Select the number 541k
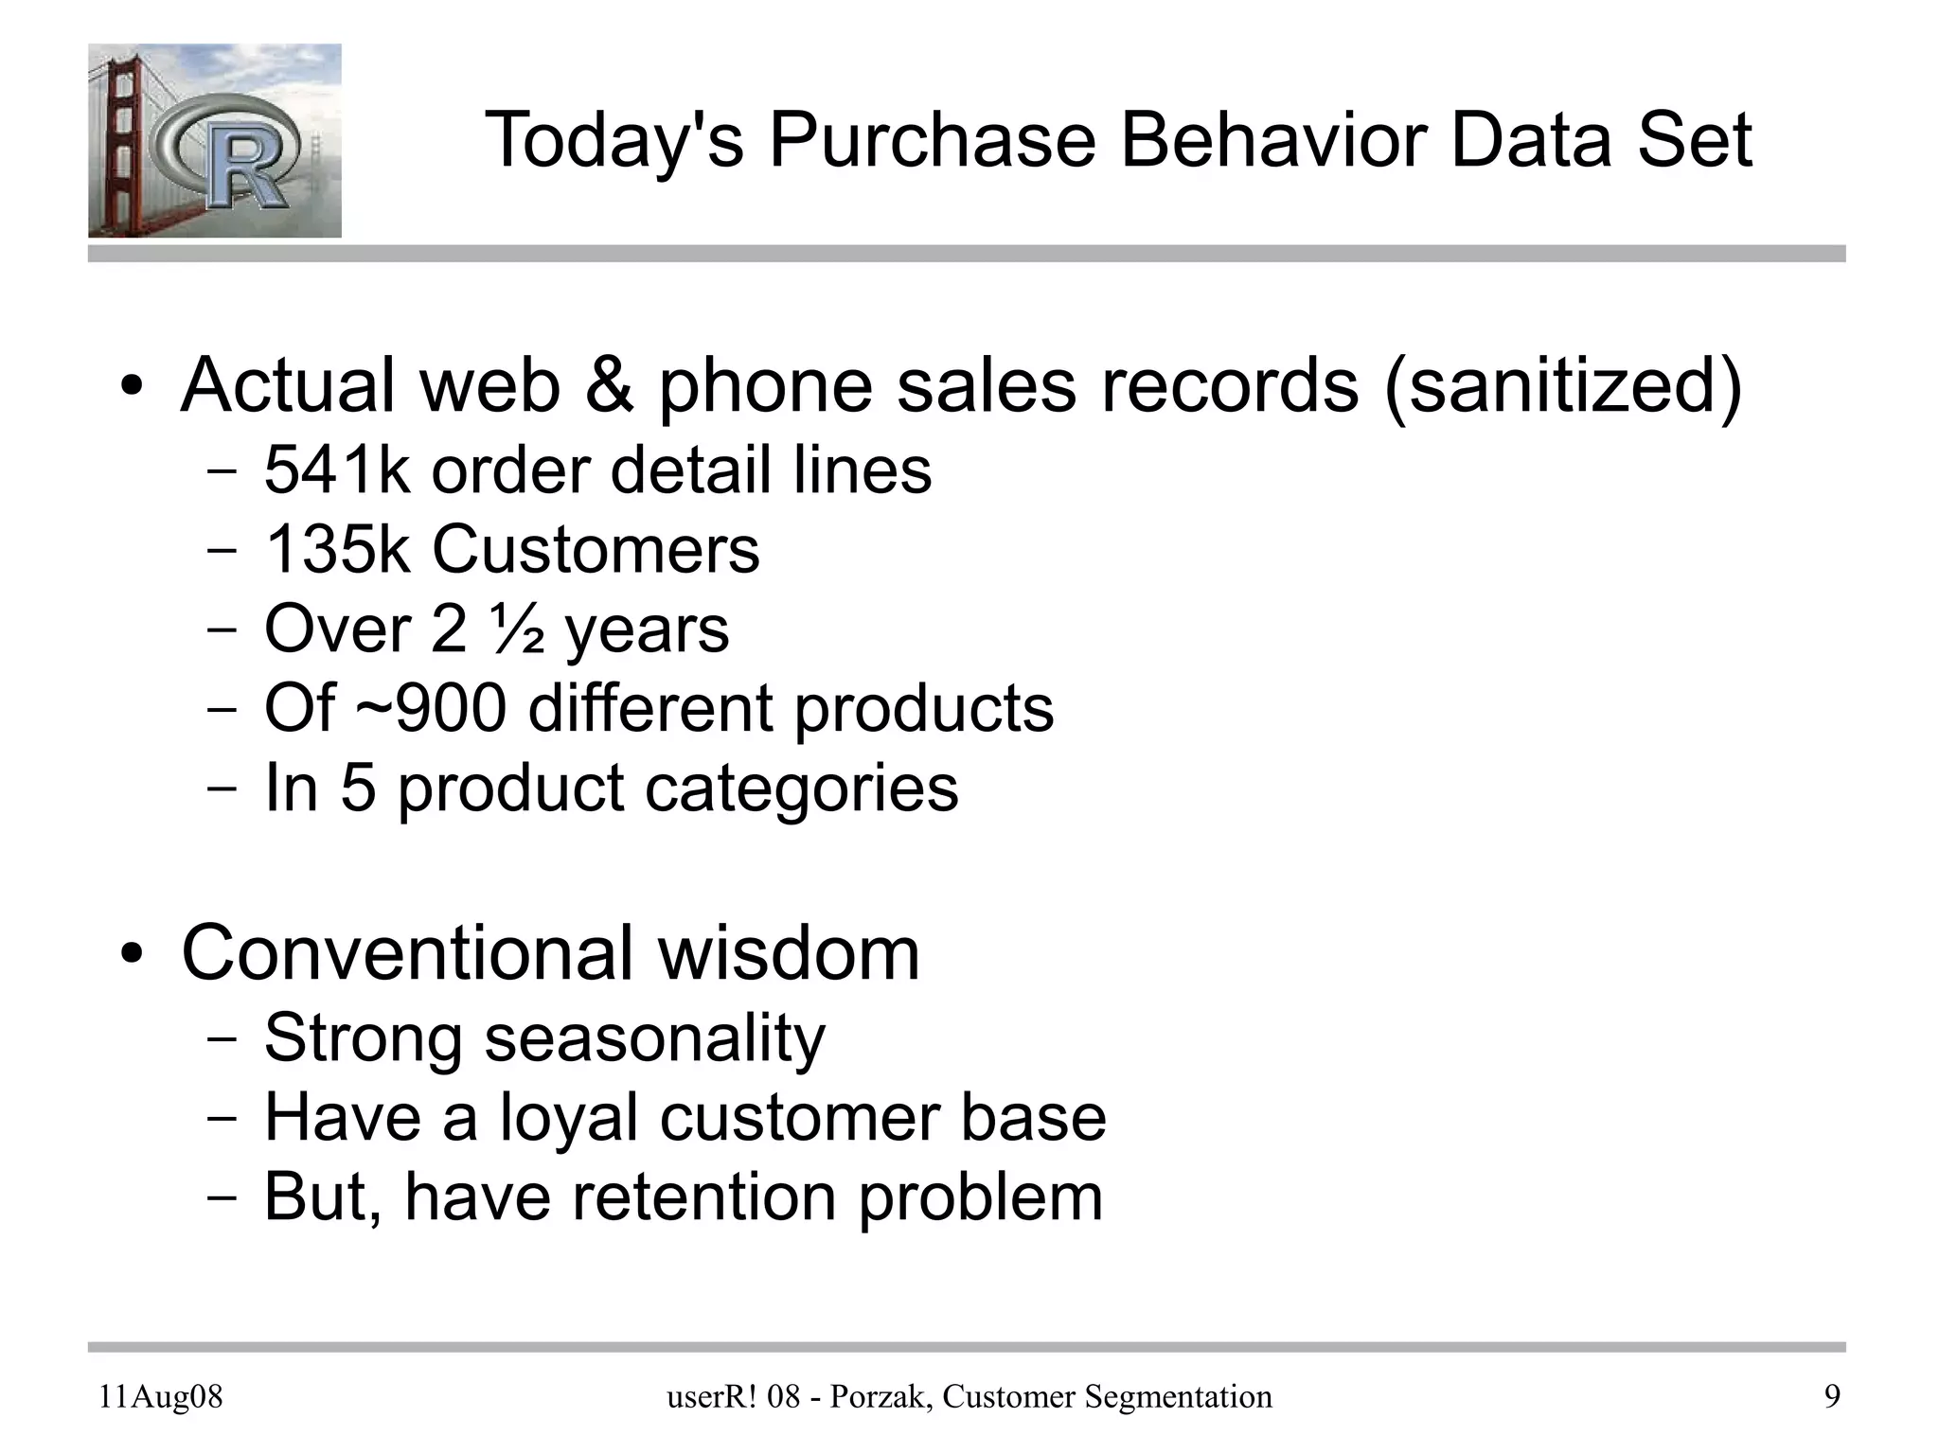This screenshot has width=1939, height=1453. [336, 470]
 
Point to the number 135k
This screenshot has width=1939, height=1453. [337, 549]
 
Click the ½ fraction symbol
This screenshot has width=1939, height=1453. [517, 629]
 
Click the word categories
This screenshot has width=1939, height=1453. [801, 789]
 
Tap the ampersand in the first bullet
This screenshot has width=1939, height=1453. [610, 386]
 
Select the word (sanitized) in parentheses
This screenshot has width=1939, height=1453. [1562, 386]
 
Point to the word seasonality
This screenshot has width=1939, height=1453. [654, 1037]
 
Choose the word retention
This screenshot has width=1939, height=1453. [704, 1196]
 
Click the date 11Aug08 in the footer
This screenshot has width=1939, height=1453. [161, 1397]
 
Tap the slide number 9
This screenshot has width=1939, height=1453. [1832, 1397]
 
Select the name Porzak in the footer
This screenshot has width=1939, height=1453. [872, 1397]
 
